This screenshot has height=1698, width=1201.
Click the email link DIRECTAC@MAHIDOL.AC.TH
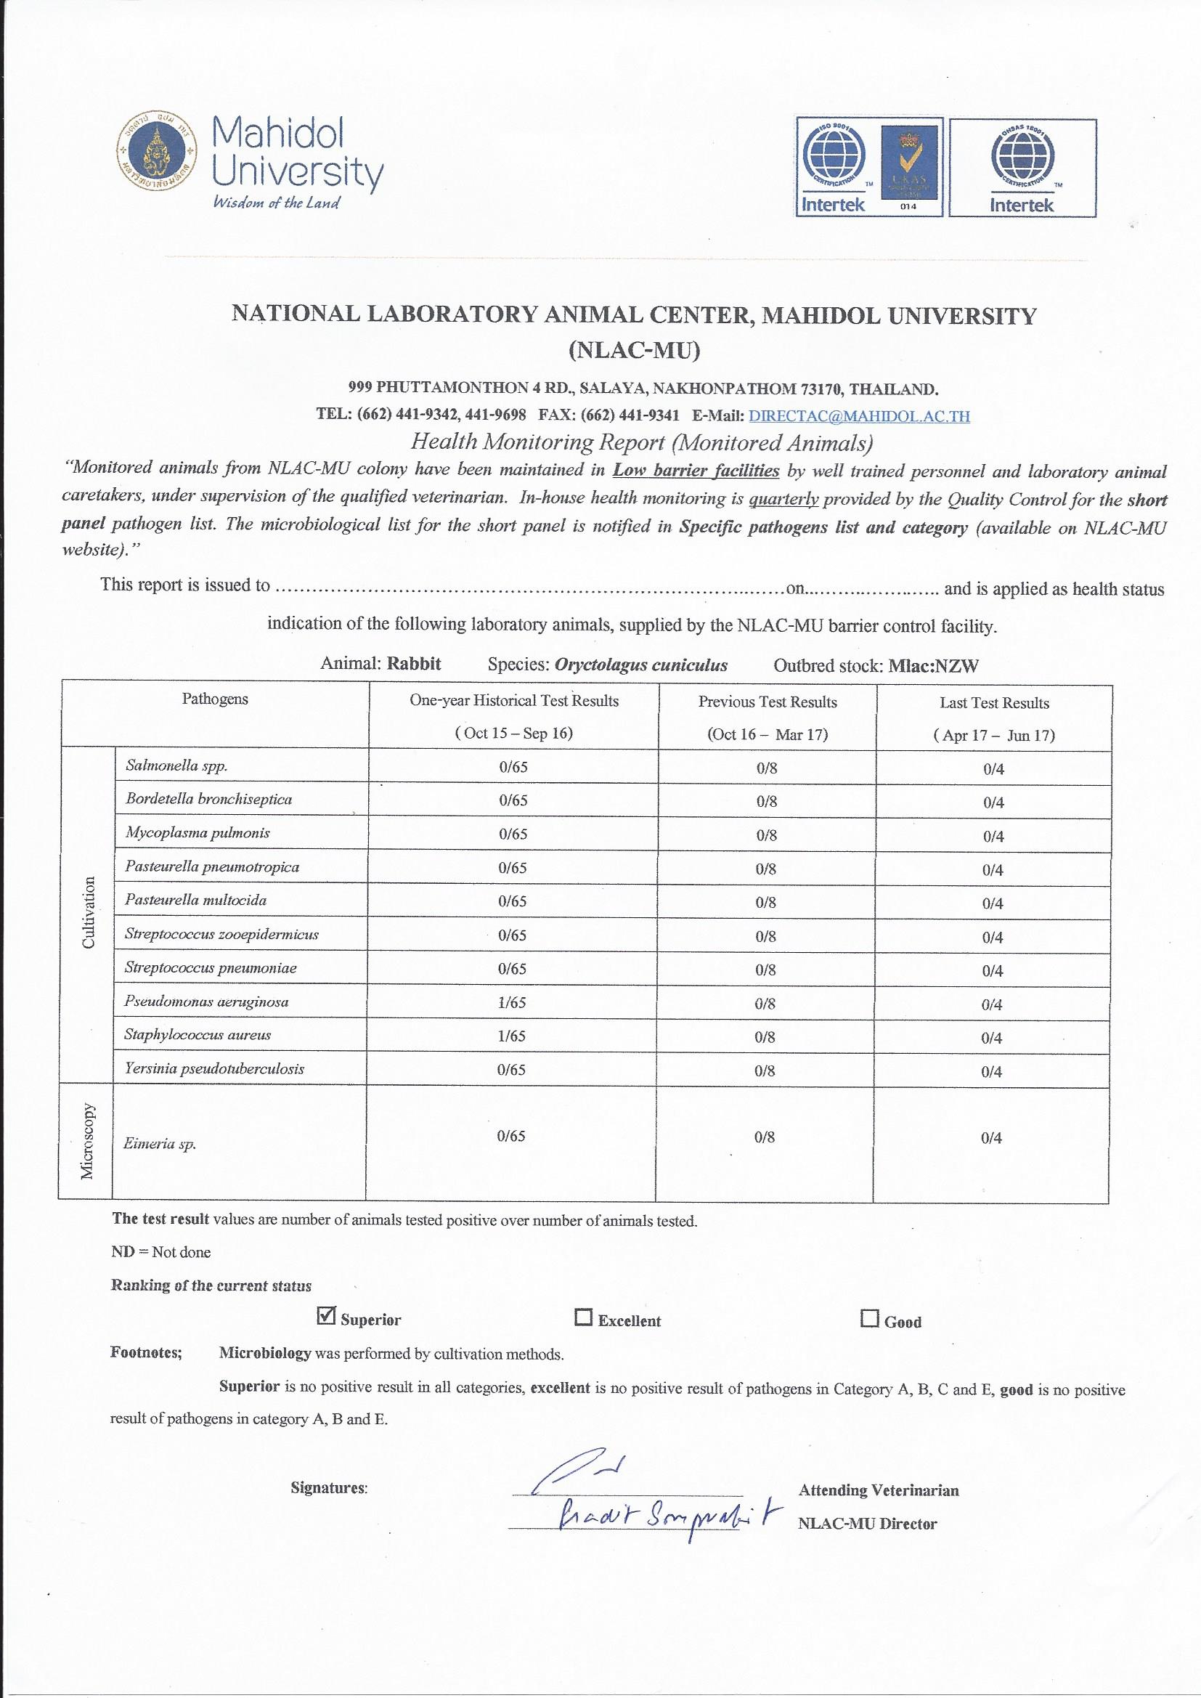(858, 415)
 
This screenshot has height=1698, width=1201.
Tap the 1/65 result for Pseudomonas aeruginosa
(512, 1003)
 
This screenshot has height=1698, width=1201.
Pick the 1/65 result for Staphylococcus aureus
(512, 1036)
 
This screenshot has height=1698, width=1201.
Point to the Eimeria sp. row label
(160, 1144)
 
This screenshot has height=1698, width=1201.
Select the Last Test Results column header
(994, 703)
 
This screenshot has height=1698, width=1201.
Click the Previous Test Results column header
(768, 702)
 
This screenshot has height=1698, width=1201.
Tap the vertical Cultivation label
(89, 913)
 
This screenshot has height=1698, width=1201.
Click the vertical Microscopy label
(87, 1141)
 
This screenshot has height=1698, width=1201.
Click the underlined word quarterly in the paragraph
(783, 499)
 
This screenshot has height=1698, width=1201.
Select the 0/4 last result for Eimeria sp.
(991, 1138)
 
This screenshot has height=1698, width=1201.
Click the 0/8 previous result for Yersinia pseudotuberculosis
(765, 1070)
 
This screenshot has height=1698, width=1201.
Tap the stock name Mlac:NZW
(933, 665)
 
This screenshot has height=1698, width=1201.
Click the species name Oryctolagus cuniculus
(640, 665)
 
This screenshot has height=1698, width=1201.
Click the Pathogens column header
(215, 699)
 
